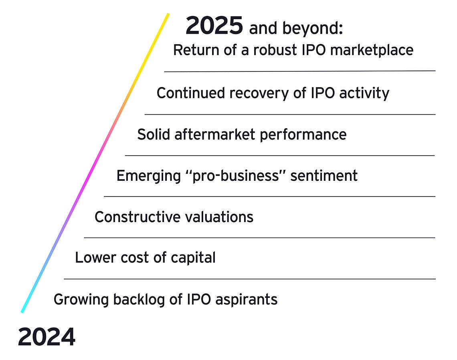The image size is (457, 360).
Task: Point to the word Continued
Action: (x=191, y=93)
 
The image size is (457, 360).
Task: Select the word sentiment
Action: (x=324, y=176)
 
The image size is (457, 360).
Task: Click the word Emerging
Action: (x=148, y=176)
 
